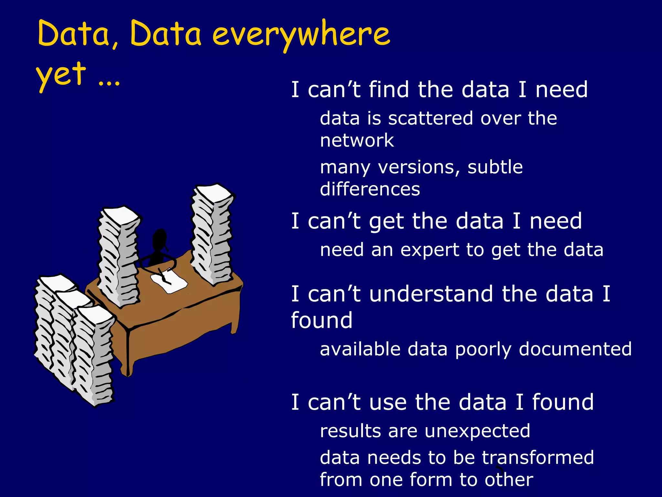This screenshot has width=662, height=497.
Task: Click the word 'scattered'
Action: coord(431,118)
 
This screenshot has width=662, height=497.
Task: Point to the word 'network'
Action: coord(357,140)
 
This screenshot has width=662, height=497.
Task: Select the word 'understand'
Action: coord(431,294)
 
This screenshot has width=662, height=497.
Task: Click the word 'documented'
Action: coord(575,349)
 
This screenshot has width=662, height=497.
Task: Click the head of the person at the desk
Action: coord(160,239)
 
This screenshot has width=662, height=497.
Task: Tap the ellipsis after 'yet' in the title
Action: coord(109,83)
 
